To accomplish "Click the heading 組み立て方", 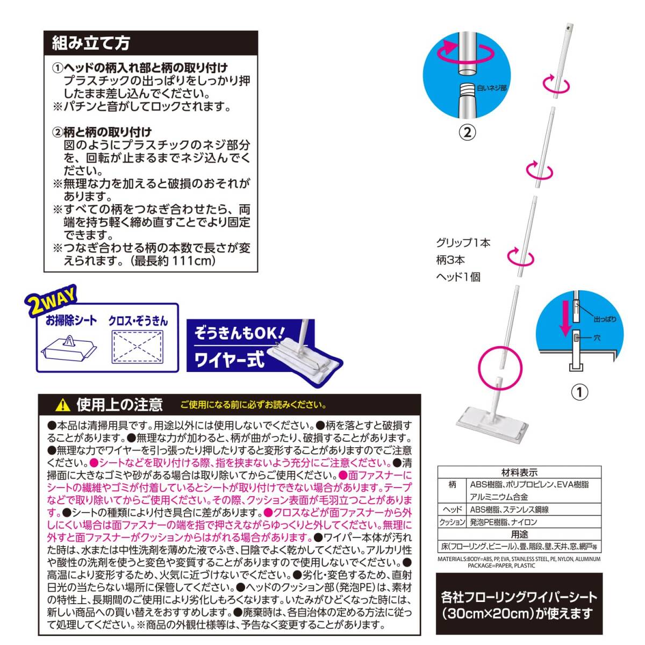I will click(x=90, y=42).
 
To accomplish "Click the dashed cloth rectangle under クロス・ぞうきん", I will click(x=138, y=347).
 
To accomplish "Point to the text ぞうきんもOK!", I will click(x=239, y=333).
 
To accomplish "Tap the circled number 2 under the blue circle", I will click(x=467, y=132).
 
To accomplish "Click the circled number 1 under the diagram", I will click(x=579, y=391).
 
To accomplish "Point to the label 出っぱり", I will click(x=605, y=319).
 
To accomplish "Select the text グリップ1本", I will click(x=463, y=243).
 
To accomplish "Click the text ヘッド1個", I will click(x=458, y=277).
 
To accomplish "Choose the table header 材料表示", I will click(x=519, y=473).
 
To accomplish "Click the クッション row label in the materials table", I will click(x=452, y=522).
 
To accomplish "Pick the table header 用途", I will click(x=519, y=535).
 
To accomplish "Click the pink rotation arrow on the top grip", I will click(x=556, y=84).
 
